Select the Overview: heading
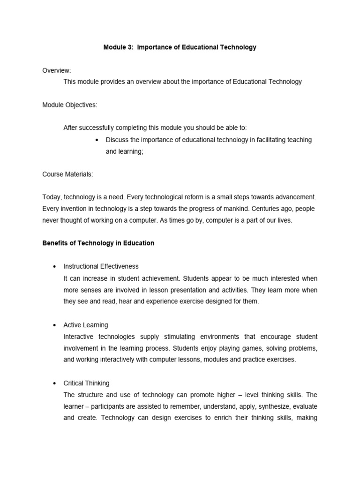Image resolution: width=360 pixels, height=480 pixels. (x=57, y=70)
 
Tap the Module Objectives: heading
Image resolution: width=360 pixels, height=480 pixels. (x=70, y=105)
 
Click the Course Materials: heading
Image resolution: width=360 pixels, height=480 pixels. (x=67, y=174)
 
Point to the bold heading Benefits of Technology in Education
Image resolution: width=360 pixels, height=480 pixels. (x=98, y=243)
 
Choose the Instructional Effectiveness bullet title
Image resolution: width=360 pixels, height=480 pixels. (x=101, y=267)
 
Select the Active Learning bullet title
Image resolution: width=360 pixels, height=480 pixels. (x=85, y=325)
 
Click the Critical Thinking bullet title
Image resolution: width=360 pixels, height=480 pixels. (x=86, y=383)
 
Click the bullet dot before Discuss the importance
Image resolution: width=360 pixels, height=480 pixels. (x=96, y=140)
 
